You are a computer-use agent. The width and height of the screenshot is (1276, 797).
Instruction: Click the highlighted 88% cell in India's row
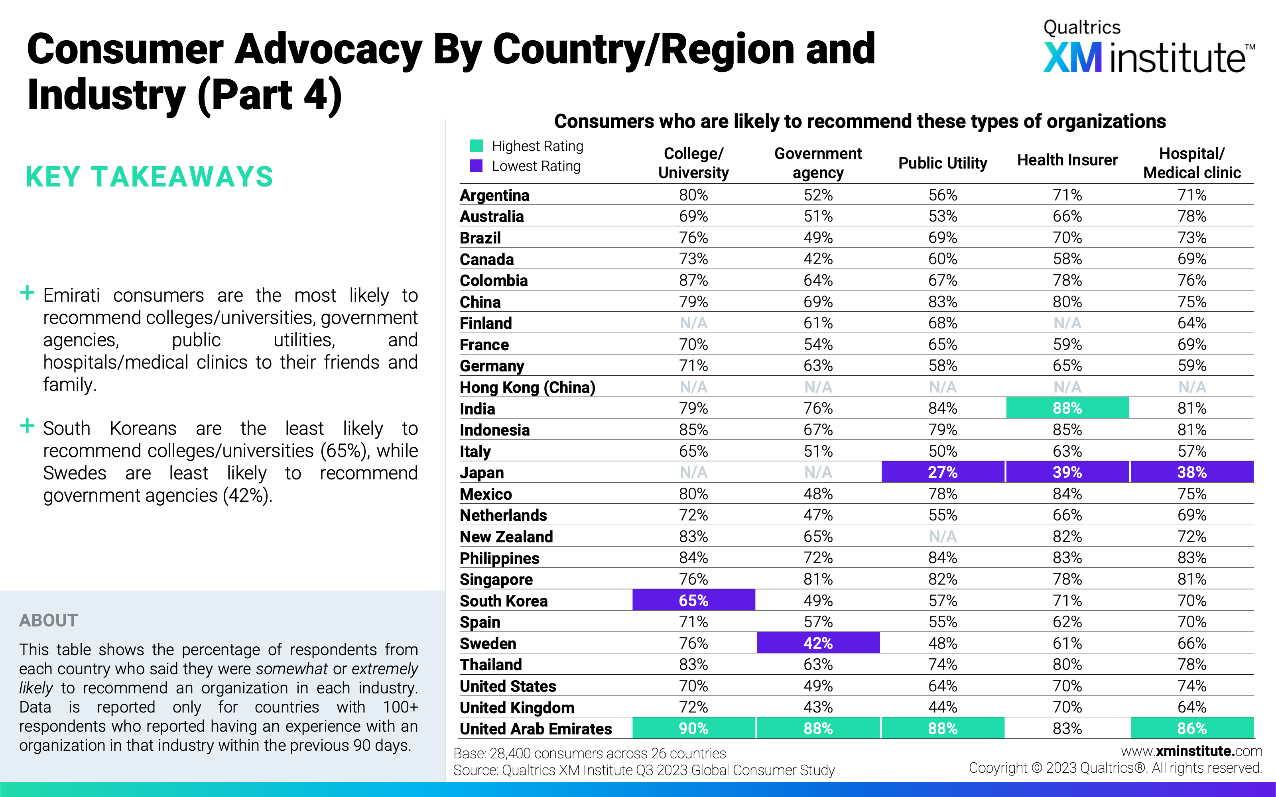1067,408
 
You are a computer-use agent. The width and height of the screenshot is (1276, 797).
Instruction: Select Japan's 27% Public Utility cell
943,472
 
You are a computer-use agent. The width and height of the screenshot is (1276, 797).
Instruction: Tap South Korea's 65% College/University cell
693,601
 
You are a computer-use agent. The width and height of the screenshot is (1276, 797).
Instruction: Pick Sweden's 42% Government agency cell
818,643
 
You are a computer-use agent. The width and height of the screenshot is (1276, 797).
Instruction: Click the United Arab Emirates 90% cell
693,728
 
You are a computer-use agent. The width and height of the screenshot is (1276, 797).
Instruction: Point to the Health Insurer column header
1067,160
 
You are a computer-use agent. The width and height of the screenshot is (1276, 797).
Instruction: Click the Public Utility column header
943,163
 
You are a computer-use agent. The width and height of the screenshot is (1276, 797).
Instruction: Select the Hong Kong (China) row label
527,387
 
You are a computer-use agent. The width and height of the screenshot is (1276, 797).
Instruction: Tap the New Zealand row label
506,537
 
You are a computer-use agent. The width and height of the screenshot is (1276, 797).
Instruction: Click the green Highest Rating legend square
477,145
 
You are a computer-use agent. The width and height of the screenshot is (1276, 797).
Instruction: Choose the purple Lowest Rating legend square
477,166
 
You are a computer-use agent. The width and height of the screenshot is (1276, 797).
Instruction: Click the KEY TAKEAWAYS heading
149,177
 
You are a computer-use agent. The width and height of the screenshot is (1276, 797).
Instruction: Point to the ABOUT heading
49,620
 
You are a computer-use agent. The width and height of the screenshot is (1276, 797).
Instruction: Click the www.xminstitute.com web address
1191,751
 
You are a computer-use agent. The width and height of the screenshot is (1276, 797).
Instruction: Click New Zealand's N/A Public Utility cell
943,537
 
